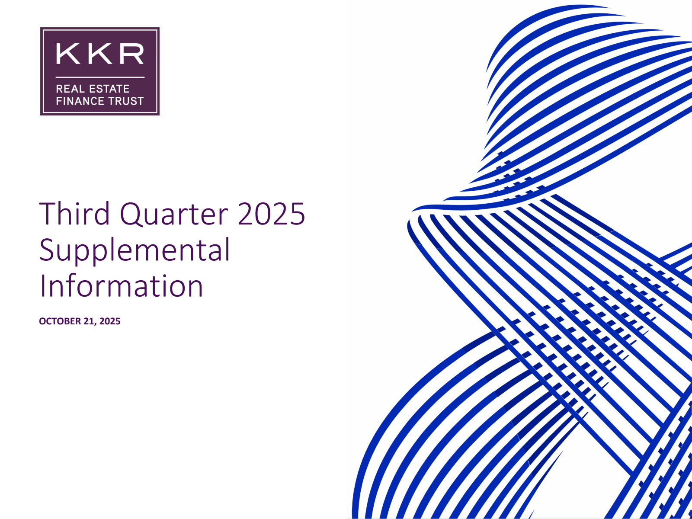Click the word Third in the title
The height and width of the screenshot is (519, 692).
(x=74, y=213)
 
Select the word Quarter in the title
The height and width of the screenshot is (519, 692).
(x=174, y=214)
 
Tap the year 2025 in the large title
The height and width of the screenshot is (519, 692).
(x=272, y=214)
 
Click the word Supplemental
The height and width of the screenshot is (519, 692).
(x=135, y=250)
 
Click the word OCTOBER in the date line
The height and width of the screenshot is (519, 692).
(x=60, y=321)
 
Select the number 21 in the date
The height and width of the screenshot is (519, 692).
(x=90, y=321)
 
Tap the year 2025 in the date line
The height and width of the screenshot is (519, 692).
(x=110, y=321)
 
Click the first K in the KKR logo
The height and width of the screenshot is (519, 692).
(x=68, y=54)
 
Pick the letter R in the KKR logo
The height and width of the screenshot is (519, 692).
(x=132, y=54)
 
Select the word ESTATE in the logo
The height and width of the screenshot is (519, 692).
(x=109, y=89)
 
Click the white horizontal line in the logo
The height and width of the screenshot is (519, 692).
(x=100, y=77)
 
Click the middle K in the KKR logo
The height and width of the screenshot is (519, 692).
(x=100, y=54)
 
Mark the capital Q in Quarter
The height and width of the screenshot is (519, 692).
(x=131, y=214)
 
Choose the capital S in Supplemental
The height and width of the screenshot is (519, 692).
(x=47, y=250)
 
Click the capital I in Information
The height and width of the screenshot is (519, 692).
(x=42, y=285)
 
